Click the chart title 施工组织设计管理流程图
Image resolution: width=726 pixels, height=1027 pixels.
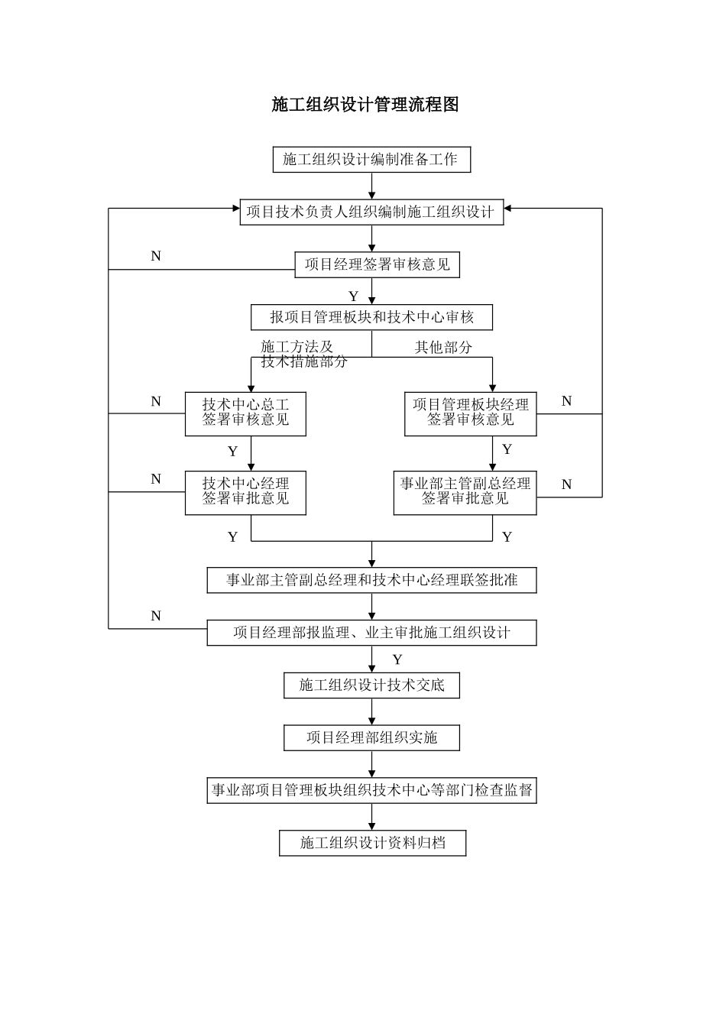(365, 105)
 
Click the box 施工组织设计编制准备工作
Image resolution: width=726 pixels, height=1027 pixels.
(371, 160)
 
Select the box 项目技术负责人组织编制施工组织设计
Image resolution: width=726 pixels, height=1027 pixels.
(371, 212)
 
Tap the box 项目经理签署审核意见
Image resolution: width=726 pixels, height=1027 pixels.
(378, 265)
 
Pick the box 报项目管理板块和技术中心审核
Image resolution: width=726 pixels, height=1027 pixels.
(371, 317)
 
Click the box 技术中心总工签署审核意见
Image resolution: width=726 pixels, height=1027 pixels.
(245, 413)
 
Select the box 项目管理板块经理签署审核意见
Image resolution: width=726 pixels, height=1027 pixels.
(470, 413)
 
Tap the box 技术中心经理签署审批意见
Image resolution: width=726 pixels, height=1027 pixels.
(245, 492)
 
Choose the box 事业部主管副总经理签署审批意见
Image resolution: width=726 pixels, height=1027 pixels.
(465, 492)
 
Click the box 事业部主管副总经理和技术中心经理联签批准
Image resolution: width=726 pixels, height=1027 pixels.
(371, 580)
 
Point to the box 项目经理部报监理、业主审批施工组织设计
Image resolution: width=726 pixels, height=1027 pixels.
(371, 633)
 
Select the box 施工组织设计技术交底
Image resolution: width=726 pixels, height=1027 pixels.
(371, 685)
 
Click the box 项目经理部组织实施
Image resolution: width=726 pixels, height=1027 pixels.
(371, 737)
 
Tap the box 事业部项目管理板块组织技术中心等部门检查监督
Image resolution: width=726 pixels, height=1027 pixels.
(371, 790)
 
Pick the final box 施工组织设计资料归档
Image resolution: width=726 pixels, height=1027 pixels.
(372, 843)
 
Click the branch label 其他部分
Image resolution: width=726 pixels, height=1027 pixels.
(443, 348)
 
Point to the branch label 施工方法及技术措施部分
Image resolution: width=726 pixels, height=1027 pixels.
(303, 355)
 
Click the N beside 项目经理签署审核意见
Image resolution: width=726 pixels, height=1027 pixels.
(156, 256)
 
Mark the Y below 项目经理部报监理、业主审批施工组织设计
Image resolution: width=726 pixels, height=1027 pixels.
(397, 659)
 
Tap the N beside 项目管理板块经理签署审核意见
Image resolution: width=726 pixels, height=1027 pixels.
(566, 401)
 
